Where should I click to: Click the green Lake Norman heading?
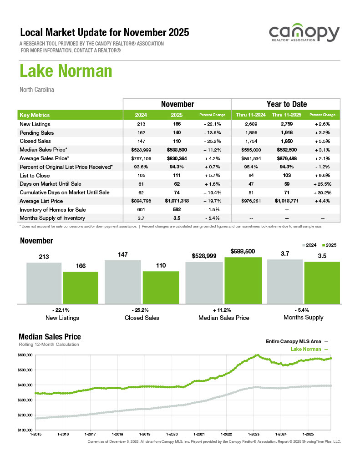[66, 71]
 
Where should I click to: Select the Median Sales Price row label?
[44, 150]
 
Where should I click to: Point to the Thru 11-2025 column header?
[284, 115]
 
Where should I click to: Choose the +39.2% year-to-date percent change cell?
[322, 192]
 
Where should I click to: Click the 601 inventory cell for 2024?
[141, 209]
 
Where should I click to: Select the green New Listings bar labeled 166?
[81, 287]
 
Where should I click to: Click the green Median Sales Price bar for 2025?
[243, 280]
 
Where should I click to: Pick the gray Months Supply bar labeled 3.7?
[284, 281]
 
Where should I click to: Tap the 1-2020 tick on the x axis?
[172, 435]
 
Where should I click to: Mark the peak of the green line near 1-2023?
[258, 355]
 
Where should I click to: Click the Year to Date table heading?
[286, 104]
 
